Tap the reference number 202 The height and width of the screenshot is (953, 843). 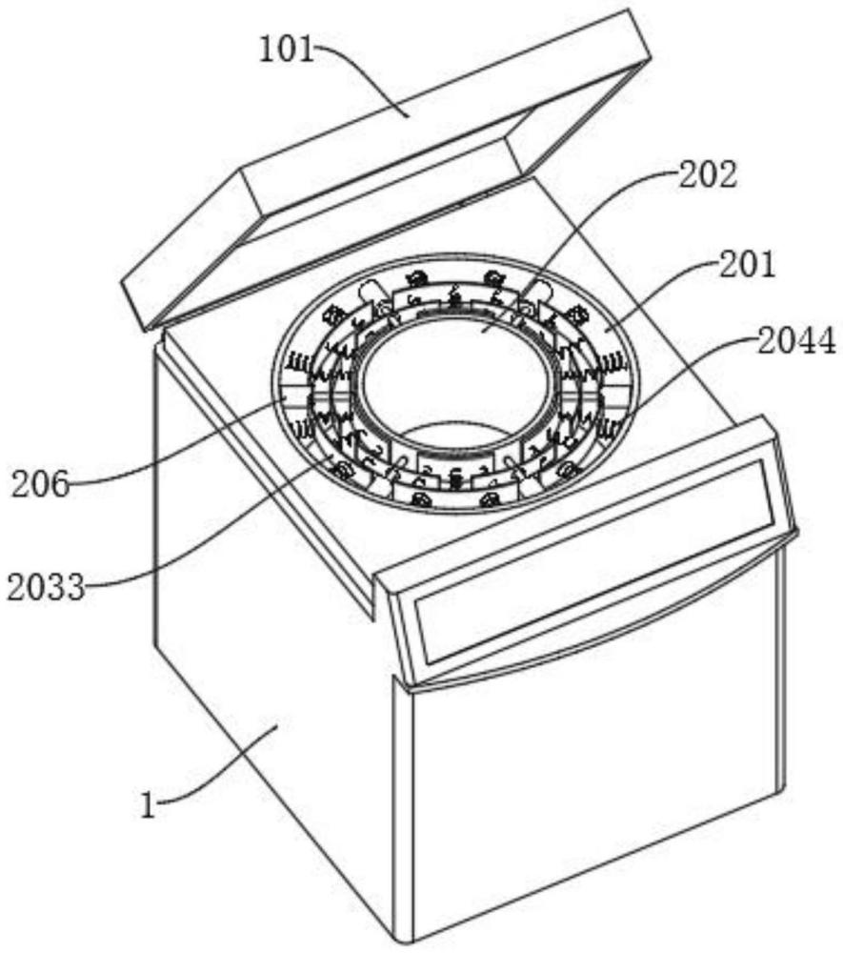click(x=708, y=175)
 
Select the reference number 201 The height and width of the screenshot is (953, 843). click(x=748, y=264)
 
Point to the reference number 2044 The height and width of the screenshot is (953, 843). click(x=796, y=341)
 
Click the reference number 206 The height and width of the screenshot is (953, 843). click(x=41, y=484)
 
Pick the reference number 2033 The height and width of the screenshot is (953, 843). click(x=46, y=587)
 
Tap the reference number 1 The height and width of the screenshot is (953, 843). click(x=149, y=806)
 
